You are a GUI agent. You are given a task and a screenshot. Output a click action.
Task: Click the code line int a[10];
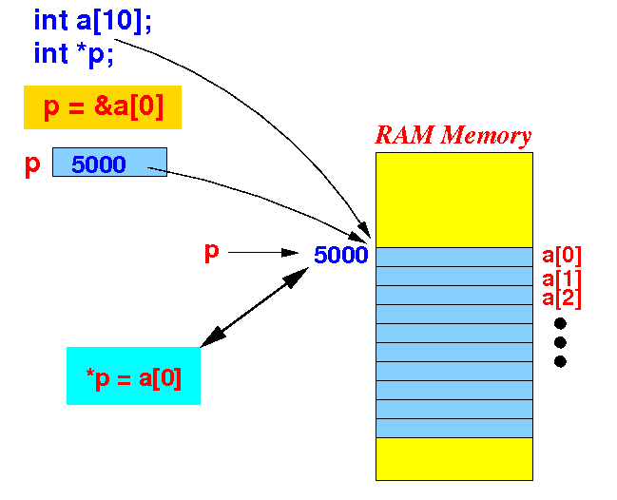[x=92, y=21]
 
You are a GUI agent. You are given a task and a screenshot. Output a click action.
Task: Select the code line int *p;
[x=73, y=53]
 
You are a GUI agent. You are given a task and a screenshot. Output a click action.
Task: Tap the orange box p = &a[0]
[x=103, y=107]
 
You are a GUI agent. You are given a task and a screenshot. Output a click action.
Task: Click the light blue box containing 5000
[x=109, y=163]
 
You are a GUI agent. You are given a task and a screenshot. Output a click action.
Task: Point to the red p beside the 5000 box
[x=32, y=164]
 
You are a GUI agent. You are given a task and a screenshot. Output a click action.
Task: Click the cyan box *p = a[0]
[x=133, y=375]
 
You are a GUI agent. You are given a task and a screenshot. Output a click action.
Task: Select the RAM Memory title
[x=453, y=135]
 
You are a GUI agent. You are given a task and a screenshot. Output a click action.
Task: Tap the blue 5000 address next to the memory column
[x=340, y=255]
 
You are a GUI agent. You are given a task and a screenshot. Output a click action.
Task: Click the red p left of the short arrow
[x=211, y=252]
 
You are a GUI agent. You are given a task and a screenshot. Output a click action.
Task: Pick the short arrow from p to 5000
[x=262, y=253]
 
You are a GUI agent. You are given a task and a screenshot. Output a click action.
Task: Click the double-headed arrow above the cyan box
[x=255, y=307]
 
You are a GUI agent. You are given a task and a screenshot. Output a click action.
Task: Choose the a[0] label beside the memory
[x=562, y=256]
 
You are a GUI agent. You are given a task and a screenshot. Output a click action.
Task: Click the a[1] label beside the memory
[x=562, y=279]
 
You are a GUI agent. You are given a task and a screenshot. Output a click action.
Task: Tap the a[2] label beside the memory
[x=562, y=298]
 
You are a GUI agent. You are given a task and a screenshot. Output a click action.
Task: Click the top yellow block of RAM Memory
[x=454, y=200]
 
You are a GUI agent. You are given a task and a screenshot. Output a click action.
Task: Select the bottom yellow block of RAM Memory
[x=454, y=459]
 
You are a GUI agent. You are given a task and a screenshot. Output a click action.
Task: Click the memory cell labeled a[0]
[x=454, y=258]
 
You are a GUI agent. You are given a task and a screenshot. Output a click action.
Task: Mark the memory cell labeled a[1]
[x=454, y=277]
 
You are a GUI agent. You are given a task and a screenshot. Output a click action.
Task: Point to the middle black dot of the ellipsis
[x=560, y=342]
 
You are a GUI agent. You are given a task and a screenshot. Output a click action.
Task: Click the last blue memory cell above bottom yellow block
[x=454, y=428]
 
